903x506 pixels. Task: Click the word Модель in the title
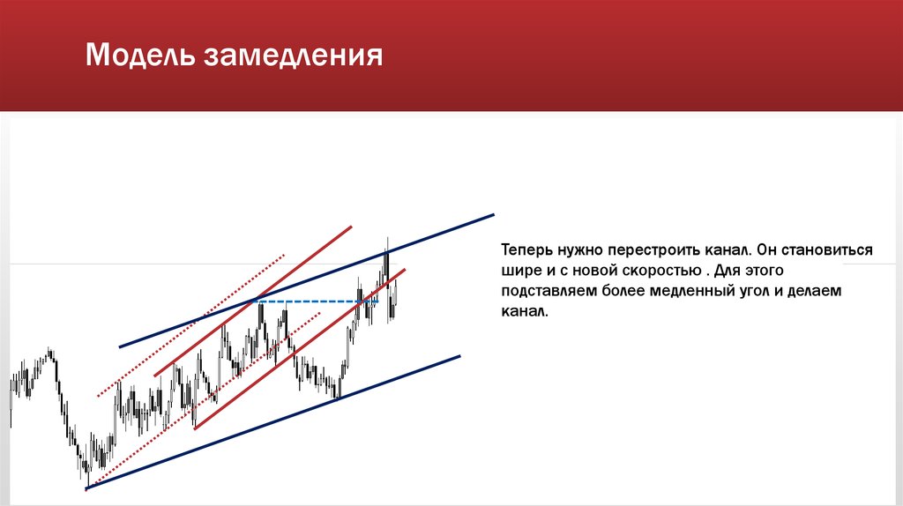click(141, 57)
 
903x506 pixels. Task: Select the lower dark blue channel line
click(273, 421)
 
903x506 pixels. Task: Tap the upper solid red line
click(256, 300)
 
